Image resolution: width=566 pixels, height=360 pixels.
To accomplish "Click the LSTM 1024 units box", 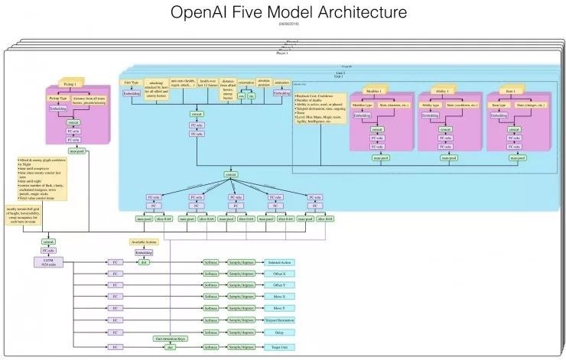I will (x=47, y=262).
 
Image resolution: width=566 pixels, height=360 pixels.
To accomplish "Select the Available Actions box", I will (x=144, y=242).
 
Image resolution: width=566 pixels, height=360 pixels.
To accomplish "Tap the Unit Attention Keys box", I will (x=167, y=337).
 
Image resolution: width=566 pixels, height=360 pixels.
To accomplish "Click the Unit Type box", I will (x=132, y=81).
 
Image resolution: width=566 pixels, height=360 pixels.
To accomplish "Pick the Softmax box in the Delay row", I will (x=210, y=333).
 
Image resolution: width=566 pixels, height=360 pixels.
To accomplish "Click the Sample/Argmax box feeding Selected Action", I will (x=244, y=262).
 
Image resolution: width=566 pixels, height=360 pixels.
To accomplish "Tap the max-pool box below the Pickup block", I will (x=76, y=151).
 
